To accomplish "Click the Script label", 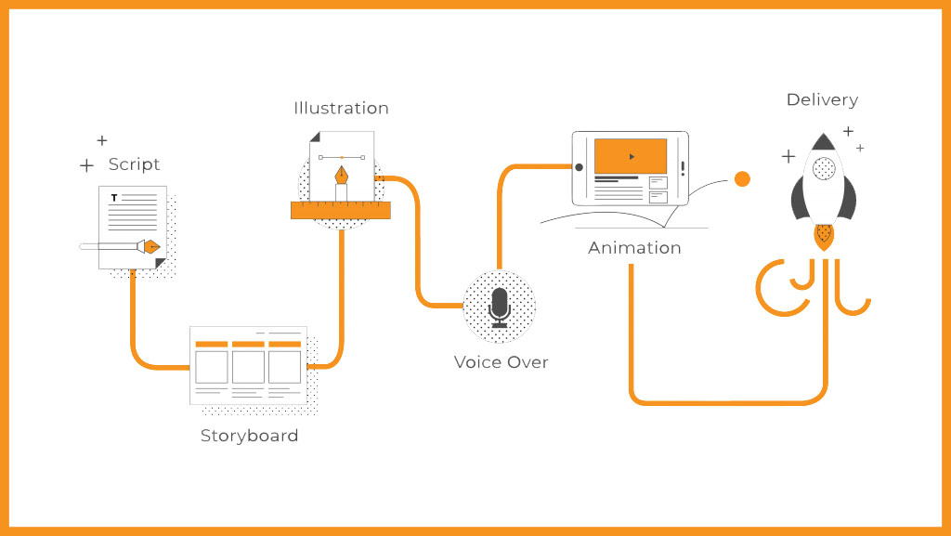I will [x=134, y=164].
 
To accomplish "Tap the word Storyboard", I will [x=249, y=436].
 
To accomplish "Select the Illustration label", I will [x=341, y=108].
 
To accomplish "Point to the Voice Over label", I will [x=501, y=362].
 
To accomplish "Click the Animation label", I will [x=634, y=248].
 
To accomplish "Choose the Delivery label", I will [x=822, y=99].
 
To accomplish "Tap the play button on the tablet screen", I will [x=632, y=156].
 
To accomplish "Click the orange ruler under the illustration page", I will [x=340, y=210].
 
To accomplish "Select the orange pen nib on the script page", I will [x=149, y=246].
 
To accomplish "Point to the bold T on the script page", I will [x=114, y=198].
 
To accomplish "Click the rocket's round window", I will [x=823, y=169].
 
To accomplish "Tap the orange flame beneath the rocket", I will [x=823, y=237].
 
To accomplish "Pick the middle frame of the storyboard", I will [x=248, y=366].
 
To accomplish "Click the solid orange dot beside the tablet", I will [x=742, y=179].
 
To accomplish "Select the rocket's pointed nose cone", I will [x=823, y=141].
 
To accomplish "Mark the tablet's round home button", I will [x=579, y=168].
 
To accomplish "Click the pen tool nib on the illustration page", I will [x=342, y=176].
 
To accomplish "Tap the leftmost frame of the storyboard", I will [x=212, y=366].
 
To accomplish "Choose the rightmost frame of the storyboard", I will [x=284, y=366].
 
